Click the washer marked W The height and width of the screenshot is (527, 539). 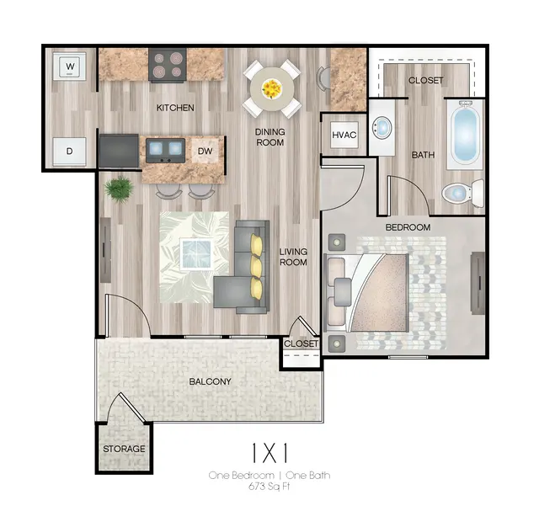pyautogui.click(x=70, y=67)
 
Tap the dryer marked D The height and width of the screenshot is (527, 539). pyautogui.click(x=69, y=152)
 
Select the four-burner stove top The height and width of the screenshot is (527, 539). pyautogui.click(x=168, y=65)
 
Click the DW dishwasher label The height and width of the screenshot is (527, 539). pyautogui.click(x=205, y=151)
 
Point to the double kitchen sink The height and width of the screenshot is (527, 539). pyautogui.click(x=165, y=150)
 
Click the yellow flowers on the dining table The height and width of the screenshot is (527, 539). pyautogui.click(x=271, y=88)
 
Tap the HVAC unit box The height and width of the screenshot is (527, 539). pyautogui.click(x=344, y=135)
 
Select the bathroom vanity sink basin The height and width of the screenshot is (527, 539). pyautogui.click(x=382, y=127)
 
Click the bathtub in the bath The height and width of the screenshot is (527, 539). pyautogui.click(x=466, y=135)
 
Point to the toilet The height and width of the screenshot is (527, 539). pyautogui.click(x=462, y=194)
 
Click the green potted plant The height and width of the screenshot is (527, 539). pyautogui.click(x=119, y=189)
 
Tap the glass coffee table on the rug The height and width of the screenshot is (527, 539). pyautogui.click(x=196, y=253)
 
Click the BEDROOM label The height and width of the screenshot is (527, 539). pyautogui.click(x=408, y=227)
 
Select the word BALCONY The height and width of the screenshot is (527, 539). pyautogui.click(x=210, y=381)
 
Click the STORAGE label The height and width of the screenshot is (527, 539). pyautogui.click(x=124, y=449)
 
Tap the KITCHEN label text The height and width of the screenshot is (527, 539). pyautogui.click(x=175, y=108)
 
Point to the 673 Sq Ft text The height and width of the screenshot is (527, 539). pyautogui.click(x=269, y=487)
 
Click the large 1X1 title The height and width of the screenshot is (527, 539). pyautogui.click(x=269, y=453)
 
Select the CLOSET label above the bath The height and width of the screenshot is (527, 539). pyautogui.click(x=426, y=80)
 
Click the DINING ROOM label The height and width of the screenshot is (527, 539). pyautogui.click(x=269, y=137)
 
